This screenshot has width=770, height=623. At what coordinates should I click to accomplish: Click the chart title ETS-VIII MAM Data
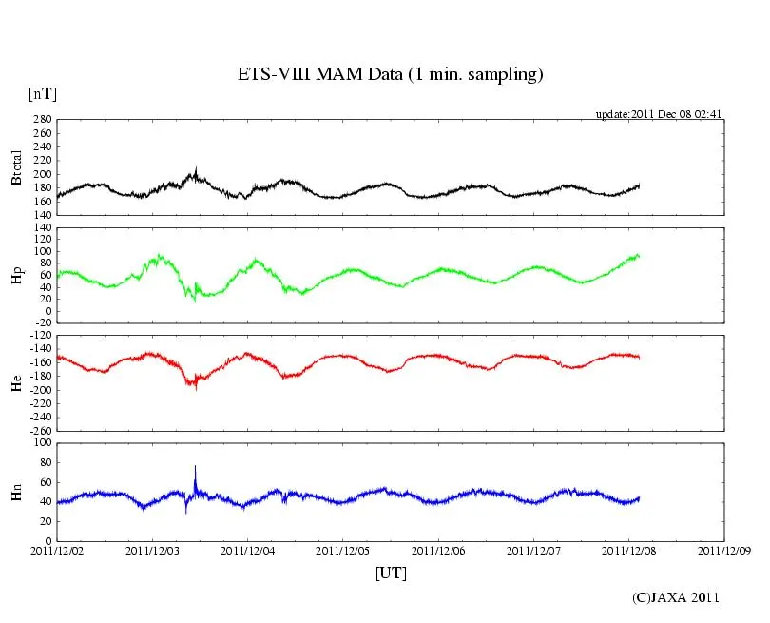[390, 75]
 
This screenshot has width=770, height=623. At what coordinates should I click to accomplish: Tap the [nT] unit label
[42, 94]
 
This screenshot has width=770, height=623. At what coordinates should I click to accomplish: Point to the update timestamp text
[660, 114]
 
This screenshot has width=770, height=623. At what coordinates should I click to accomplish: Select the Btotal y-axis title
[16, 166]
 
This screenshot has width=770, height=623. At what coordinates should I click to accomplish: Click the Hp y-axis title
[16, 276]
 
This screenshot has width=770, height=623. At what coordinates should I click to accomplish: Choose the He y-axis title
[16, 383]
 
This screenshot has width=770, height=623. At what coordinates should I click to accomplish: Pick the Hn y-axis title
[16, 492]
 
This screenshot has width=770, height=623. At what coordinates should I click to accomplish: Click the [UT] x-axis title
[391, 573]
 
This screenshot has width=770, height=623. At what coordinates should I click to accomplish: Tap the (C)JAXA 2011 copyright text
[676, 597]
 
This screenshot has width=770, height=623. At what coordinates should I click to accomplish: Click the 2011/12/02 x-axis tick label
[57, 550]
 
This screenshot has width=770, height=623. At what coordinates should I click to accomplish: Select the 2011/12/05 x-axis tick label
[343, 550]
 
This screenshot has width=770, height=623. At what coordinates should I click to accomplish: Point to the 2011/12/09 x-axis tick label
[724, 550]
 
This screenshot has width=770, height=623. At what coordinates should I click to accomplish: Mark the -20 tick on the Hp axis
[43, 323]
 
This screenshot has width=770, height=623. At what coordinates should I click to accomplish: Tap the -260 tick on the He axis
[40, 431]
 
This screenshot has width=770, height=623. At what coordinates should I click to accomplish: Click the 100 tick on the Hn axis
[43, 443]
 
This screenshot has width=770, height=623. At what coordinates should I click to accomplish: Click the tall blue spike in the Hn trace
[195, 468]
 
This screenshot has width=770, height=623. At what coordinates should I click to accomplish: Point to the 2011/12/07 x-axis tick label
[534, 550]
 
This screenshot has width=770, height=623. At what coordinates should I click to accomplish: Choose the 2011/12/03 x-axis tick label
[152, 550]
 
